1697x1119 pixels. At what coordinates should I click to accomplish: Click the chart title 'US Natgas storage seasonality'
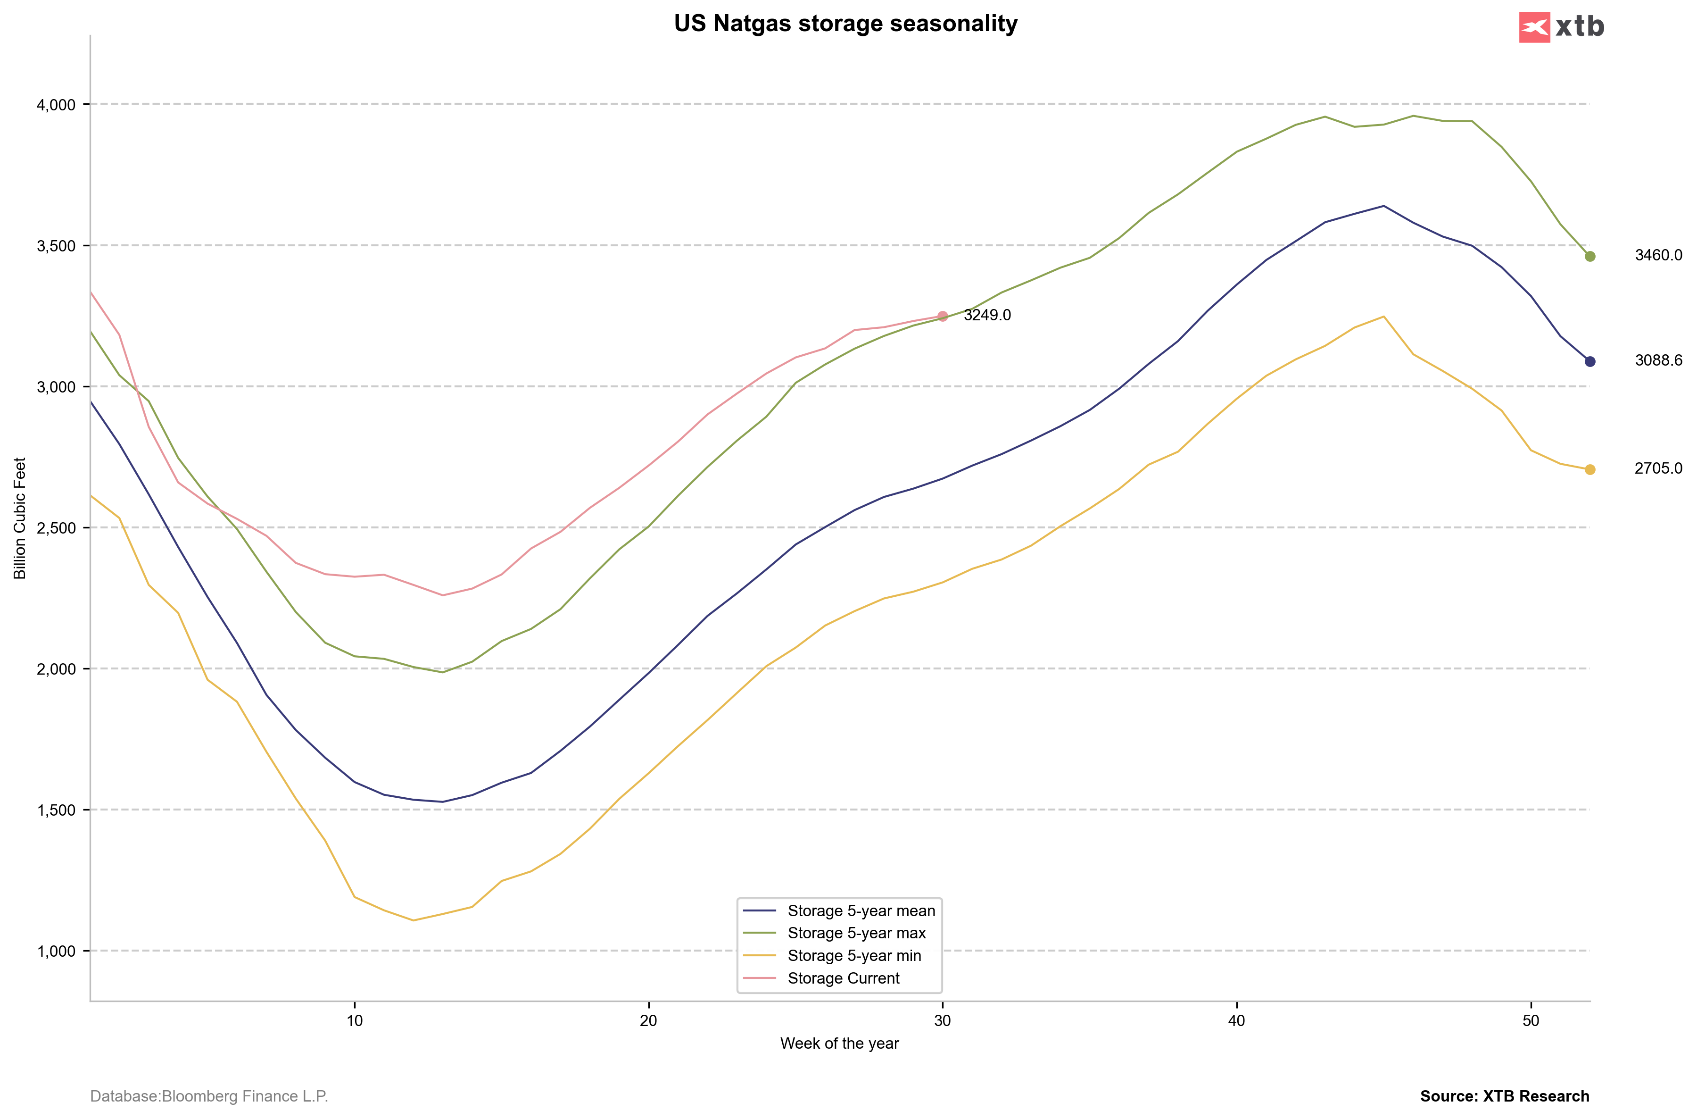click(845, 24)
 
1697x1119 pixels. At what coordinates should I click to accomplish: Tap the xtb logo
click(1562, 27)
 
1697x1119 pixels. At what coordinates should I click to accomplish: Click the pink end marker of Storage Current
click(942, 316)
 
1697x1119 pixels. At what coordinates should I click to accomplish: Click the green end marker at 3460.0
click(1590, 256)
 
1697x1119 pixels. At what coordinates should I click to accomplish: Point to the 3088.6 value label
click(1658, 360)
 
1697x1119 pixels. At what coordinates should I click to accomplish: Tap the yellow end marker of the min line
click(1590, 469)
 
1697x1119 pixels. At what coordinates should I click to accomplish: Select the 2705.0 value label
click(1658, 468)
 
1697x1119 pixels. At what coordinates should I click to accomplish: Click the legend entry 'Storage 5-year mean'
click(861, 910)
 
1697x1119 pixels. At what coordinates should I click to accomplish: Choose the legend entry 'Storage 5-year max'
click(856, 933)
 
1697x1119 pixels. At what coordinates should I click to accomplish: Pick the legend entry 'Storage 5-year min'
click(854, 956)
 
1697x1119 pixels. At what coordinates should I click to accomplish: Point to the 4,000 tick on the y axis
click(56, 105)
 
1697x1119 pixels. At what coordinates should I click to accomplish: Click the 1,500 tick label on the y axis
click(56, 810)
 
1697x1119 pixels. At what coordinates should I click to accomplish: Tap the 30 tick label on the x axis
click(942, 1020)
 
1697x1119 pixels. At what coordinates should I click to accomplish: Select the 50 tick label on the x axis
click(1531, 1020)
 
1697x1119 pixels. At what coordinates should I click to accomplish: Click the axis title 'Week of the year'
click(840, 1044)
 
